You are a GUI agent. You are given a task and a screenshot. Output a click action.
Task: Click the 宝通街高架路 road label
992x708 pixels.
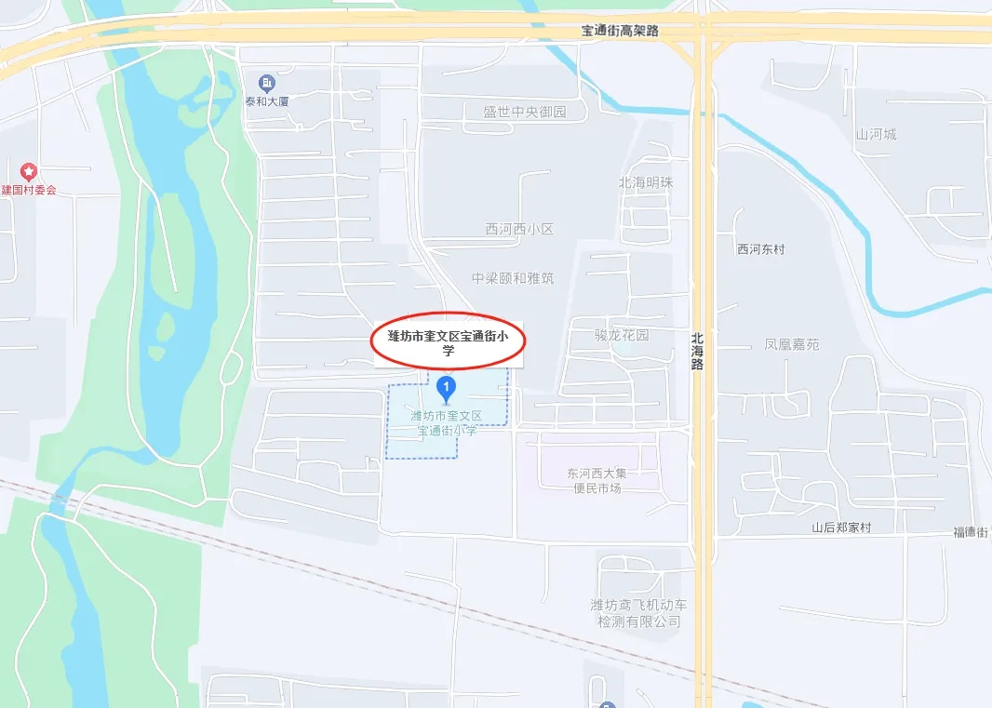pyautogui.click(x=620, y=31)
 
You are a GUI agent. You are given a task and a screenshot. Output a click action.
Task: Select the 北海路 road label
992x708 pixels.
pyautogui.click(x=698, y=352)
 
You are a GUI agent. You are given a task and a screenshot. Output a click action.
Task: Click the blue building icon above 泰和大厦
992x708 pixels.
pyautogui.click(x=268, y=82)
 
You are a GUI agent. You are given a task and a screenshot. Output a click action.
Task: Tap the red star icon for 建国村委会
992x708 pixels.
pyautogui.click(x=29, y=171)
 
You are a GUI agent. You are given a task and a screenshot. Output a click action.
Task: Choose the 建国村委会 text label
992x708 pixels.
pyautogui.click(x=29, y=190)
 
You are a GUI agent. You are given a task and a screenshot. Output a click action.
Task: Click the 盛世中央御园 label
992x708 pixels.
pyautogui.click(x=524, y=113)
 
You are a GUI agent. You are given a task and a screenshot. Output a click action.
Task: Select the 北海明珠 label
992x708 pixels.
pyautogui.click(x=646, y=182)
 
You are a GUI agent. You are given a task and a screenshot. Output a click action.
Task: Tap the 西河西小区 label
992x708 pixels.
pyautogui.click(x=519, y=229)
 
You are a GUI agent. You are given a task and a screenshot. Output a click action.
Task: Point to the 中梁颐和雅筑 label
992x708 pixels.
pyautogui.click(x=512, y=278)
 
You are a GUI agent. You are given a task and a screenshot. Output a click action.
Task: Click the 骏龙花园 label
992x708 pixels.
pyautogui.click(x=622, y=335)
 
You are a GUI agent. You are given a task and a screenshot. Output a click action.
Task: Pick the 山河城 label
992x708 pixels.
pyautogui.click(x=876, y=134)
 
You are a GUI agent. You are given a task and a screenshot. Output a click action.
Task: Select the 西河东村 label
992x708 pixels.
pyautogui.click(x=760, y=249)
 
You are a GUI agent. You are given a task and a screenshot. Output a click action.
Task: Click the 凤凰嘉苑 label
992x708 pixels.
pyautogui.click(x=792, y=344)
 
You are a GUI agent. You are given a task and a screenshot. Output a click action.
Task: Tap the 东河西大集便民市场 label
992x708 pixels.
pyautogui.click(x=597, y=480)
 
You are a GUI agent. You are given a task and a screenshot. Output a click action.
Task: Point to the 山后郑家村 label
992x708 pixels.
pyautogui.click(x=841, y=528)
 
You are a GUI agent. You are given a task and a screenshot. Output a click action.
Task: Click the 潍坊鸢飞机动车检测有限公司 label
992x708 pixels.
pyautogui.click(x=638, y=613)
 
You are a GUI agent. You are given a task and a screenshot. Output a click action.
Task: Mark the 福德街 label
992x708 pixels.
pyautogui.click(x=971, y=532)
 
